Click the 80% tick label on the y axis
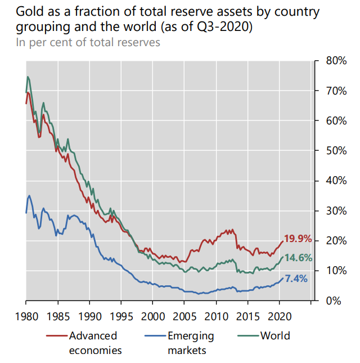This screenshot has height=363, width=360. coord(336,60)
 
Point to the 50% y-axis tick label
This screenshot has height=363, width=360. coord(336,150)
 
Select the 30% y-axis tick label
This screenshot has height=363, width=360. coord(336,210)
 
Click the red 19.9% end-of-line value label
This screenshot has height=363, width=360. coord(298,239)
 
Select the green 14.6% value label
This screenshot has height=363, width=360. coord(298,258)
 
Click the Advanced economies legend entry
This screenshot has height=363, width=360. coord(93,343)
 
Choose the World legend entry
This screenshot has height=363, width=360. coord(275,336)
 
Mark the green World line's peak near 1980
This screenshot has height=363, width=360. coord(28,77)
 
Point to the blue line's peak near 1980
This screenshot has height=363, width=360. coord(29,195)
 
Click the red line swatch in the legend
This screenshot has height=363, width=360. coord(56,336)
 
